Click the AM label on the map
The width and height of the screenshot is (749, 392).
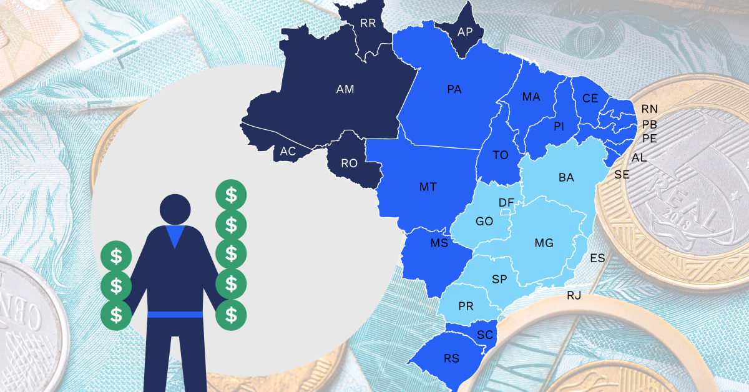click(x=345, y=89)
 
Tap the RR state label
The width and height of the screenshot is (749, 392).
click(x=368, y=24)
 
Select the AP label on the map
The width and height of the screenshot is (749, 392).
click(x=465, y=32)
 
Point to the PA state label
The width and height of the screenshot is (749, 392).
click(x=454, y=89)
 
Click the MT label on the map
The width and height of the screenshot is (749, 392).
click(x=428, y=187)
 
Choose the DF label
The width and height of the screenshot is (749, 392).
click(x=506, y=202)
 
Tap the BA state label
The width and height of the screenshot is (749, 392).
click(x=566, y=178)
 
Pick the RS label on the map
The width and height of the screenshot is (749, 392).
click(x=451, y=358)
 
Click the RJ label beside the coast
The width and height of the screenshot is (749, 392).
click(x=574, y=295)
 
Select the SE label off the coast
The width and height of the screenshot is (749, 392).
click(x=622, y=175)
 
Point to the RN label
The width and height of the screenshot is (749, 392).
click(x=650, y=109)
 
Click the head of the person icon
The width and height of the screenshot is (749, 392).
click(x=175, y=210)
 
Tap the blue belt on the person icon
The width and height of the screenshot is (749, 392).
click(x=175, y=313)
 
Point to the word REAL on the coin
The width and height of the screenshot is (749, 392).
click(x=682, y=202)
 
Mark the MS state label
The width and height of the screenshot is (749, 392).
click(x=439, y=243)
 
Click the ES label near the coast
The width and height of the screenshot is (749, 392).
click(x=597, y=258)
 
